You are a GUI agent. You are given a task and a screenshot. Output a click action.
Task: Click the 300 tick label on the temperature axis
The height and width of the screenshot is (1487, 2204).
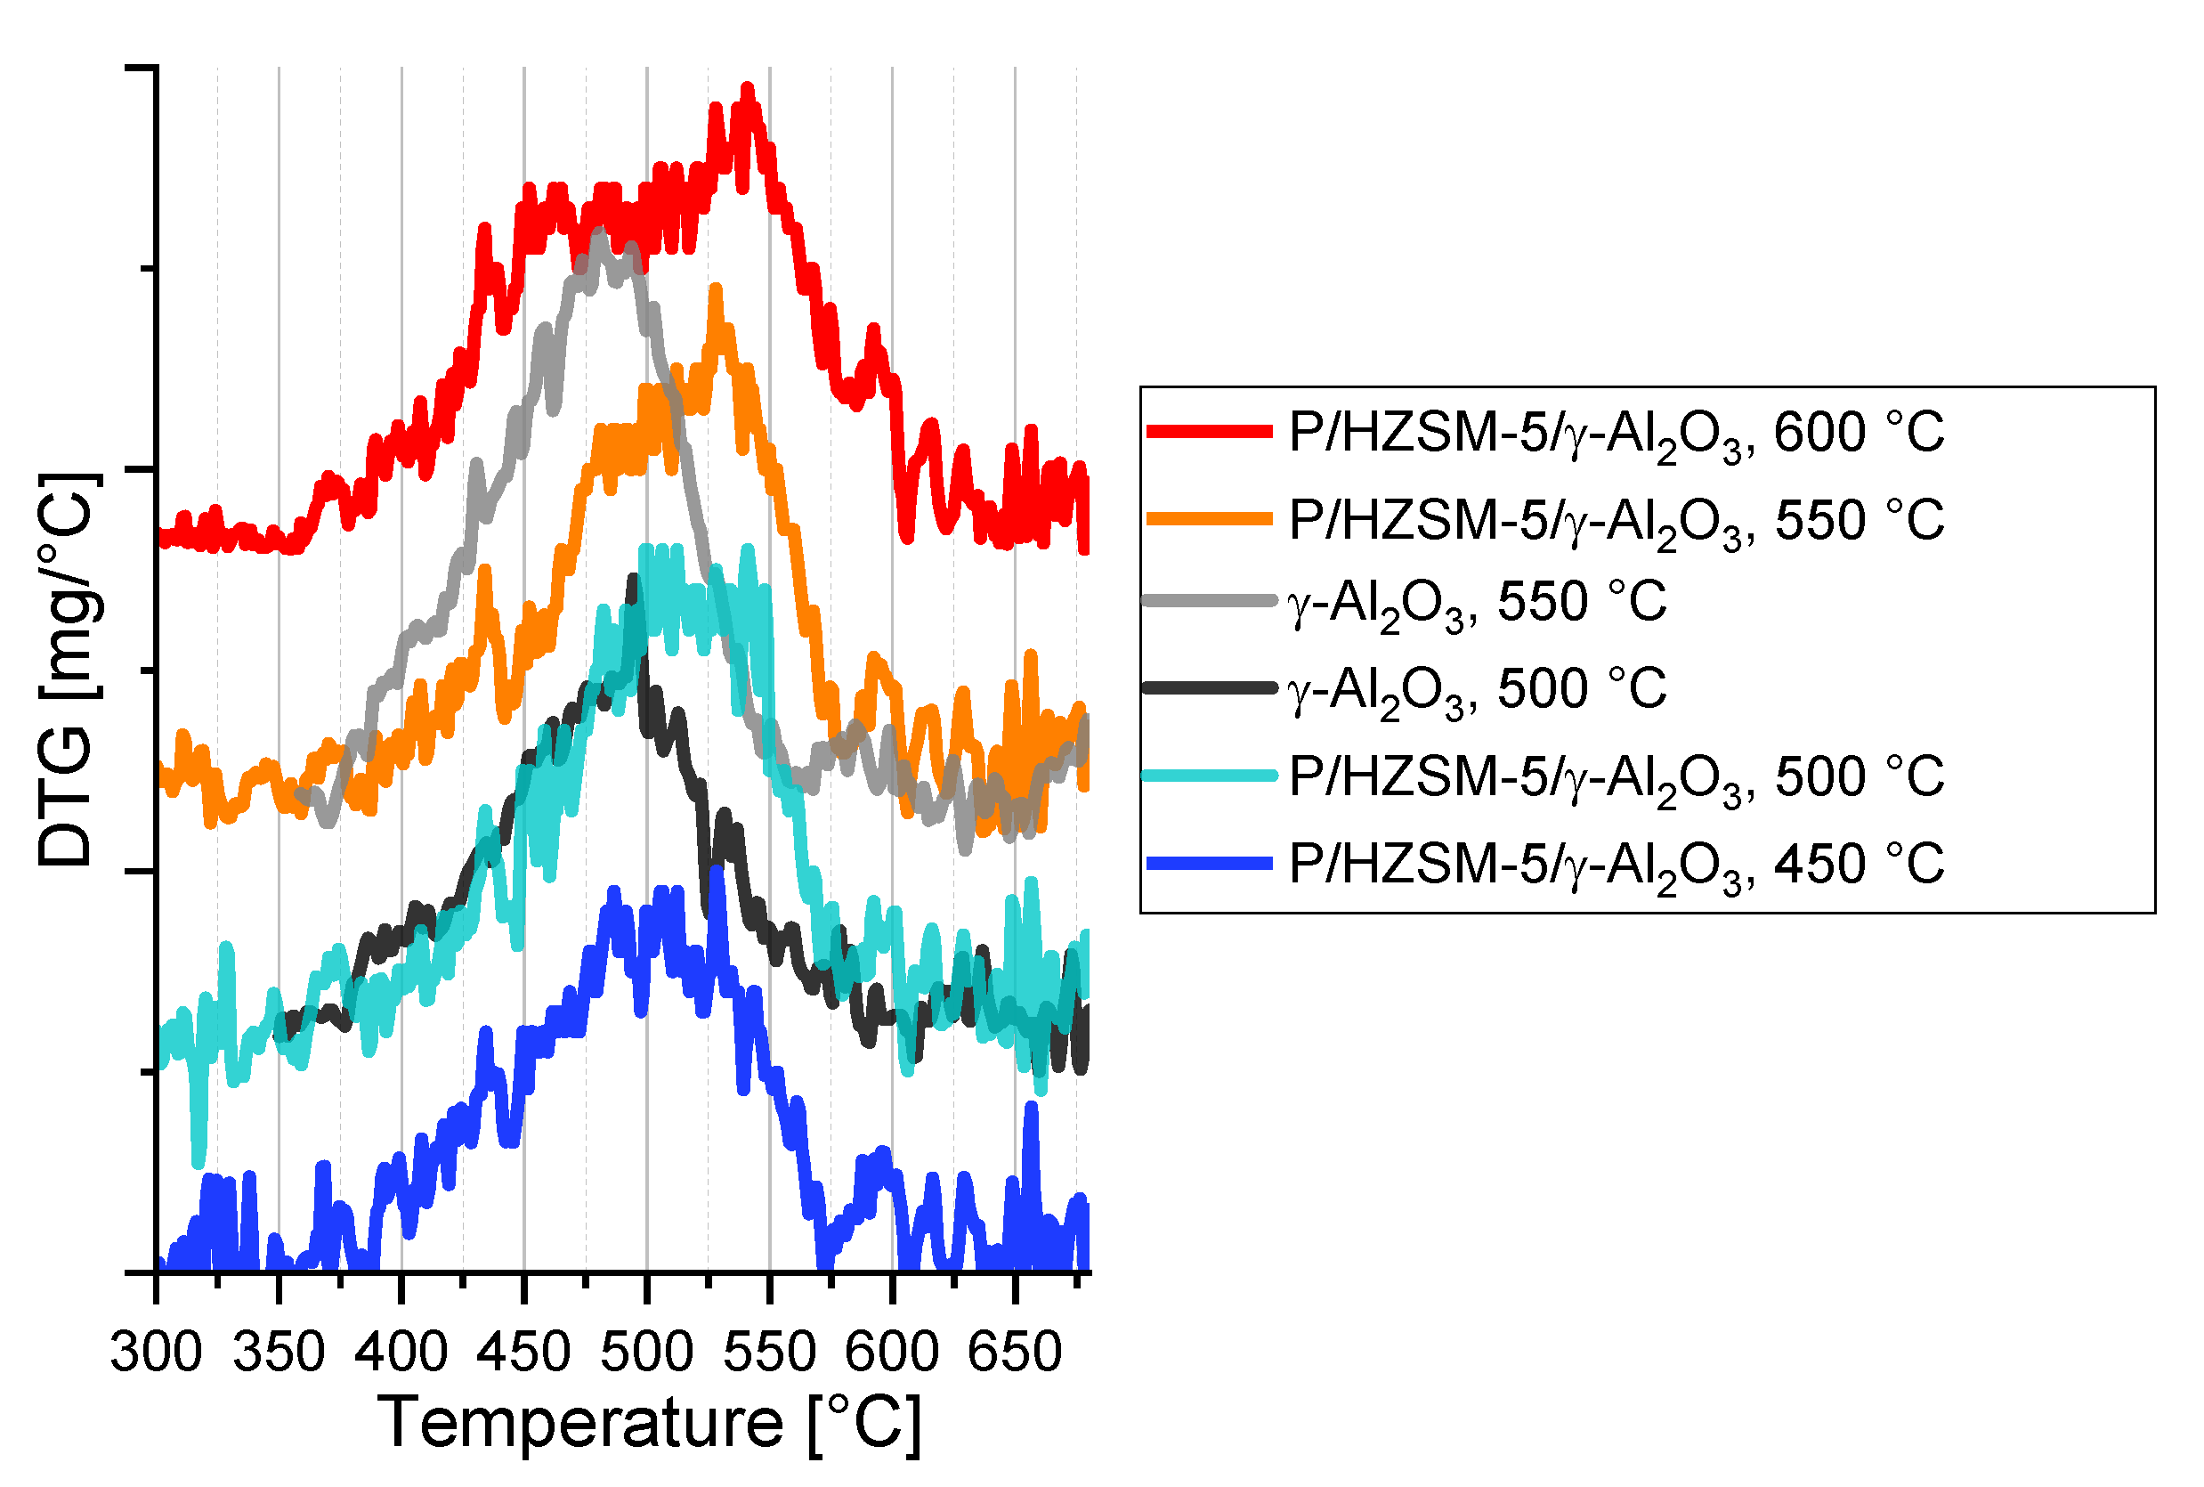click(157, 1352)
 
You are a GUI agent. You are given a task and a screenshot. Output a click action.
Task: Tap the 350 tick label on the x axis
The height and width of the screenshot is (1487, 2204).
click(279, 1352)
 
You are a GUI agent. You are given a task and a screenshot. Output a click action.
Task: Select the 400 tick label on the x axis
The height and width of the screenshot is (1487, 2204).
click(401, 1352)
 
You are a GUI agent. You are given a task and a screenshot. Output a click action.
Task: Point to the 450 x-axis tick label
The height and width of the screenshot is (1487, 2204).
click(523, 1352)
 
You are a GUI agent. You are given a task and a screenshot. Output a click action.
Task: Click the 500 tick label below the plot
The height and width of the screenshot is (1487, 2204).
click(646, 1352)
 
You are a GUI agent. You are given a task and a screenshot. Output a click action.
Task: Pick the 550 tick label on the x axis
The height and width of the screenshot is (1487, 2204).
click(769, 1352)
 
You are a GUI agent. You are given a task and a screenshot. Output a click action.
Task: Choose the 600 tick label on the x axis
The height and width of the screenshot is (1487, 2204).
click(891, 1352)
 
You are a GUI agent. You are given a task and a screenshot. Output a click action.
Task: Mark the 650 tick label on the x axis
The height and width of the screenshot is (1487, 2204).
click(1013, 1352)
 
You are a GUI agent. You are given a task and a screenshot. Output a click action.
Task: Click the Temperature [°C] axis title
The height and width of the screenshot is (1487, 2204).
click(649, 1424)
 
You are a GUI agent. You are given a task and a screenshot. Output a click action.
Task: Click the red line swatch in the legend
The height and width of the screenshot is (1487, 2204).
click(1209, 432)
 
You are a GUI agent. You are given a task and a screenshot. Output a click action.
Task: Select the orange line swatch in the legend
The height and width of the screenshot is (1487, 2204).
click(1209, 519)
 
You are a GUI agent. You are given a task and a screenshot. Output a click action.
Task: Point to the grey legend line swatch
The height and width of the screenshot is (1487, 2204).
click(1209, 600)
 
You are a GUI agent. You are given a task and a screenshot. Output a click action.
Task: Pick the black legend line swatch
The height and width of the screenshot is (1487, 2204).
click(1209, 687)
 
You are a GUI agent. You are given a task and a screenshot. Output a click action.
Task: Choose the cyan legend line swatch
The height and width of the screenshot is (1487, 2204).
click(1209, 776)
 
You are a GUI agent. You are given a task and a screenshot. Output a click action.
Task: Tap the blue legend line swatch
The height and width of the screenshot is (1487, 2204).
click(1209, 863)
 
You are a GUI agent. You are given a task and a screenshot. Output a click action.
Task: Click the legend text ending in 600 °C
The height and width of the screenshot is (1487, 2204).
click(1617, 435)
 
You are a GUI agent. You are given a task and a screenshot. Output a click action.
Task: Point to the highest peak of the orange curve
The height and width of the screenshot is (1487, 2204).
click(716, 289)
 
